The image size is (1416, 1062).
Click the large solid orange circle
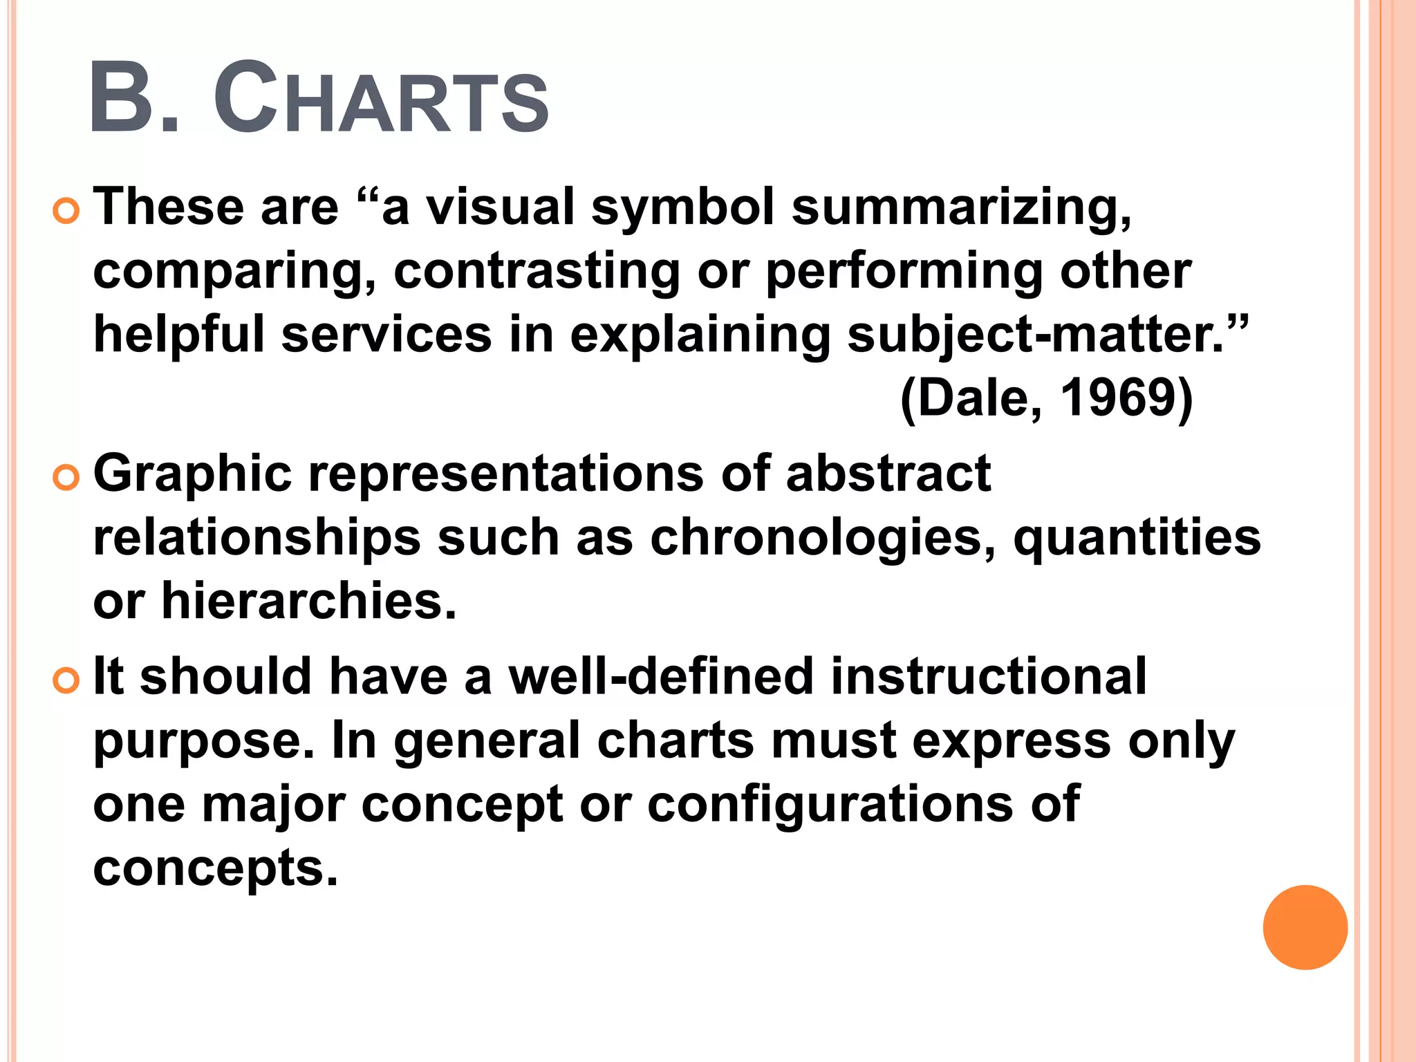(1305, 927)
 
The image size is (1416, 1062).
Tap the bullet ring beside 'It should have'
(66, 680)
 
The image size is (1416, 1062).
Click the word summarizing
(962, 207)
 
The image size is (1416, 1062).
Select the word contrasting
(537, 272)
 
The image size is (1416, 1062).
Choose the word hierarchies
(309, 601)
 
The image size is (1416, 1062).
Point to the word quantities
(1137, 538)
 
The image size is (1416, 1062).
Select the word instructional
(989, 676)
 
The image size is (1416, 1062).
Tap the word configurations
(830, 805)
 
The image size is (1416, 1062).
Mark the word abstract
(888, 474)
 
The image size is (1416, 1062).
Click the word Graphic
(192, 475)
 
